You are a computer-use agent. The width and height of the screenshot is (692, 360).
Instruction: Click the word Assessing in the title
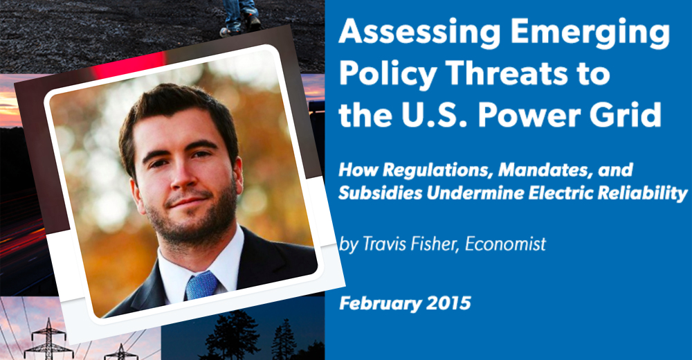(419, 33)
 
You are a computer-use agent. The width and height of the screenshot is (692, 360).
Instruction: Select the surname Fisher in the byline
(435, 244)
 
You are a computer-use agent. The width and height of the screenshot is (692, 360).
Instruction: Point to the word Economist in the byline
(505, 244)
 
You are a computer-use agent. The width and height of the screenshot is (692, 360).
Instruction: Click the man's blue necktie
(201, 285)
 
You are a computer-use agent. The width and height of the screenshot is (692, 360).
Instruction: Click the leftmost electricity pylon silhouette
(48, 339)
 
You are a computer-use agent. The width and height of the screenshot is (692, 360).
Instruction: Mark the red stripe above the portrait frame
(129, 65)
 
